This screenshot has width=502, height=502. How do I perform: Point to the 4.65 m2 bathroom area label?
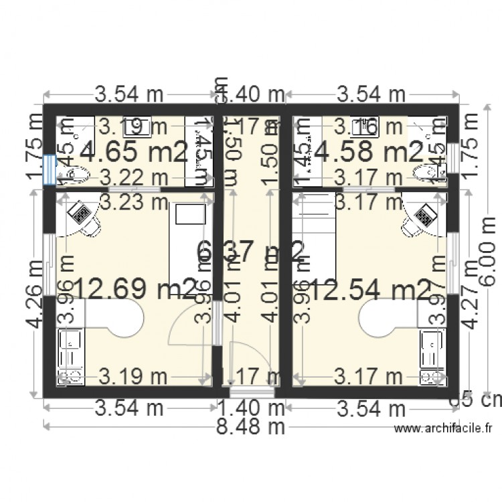pyautogui.click(x=134, y=152)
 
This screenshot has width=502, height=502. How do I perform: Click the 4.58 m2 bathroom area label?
pyautogui.click(x=371, y=152)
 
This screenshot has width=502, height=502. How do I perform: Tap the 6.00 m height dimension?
pyautogui.click(x=487, y=248)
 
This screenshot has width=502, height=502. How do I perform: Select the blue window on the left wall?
pyautogui.click(x=48, y=170)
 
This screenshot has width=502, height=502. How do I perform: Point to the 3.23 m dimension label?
pyautogui.click(x=131, y=201)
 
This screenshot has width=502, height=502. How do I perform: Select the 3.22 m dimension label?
pyautogui.click(x=131, y=177)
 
